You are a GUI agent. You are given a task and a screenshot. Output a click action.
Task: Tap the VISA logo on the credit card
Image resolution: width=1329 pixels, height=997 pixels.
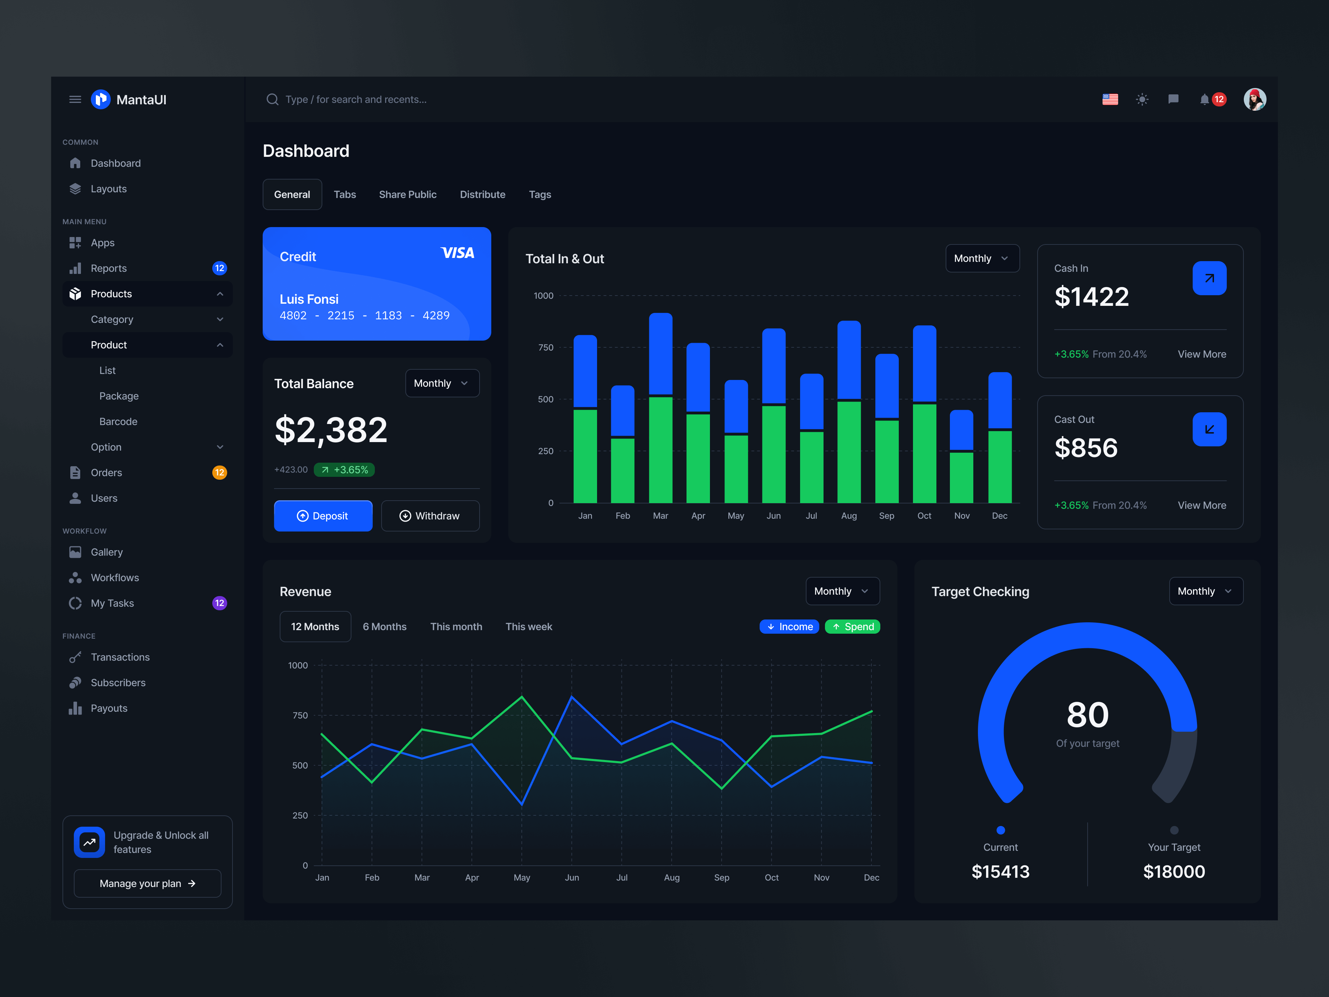[x=457, y=253]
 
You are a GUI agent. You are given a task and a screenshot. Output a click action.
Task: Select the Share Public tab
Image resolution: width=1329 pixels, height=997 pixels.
[x=408, y=194]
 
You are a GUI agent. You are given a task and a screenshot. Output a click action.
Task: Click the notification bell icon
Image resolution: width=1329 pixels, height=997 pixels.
[x=1204, y=100]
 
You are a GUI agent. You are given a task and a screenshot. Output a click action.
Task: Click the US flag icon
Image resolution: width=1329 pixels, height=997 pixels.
[x=1110, y=100]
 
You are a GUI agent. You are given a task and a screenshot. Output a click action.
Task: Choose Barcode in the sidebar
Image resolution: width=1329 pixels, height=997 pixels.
[x=118, y=422]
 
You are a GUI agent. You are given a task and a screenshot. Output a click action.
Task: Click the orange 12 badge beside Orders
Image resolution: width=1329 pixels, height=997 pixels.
[x=219, y=473]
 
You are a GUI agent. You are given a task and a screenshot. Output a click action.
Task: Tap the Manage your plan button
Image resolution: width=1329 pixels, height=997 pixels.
[x=147, y=883]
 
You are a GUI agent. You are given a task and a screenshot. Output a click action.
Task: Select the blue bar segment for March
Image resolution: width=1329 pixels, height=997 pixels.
[x=660, y=354]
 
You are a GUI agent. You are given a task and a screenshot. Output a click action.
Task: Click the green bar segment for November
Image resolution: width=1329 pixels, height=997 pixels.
[x=961, y=478]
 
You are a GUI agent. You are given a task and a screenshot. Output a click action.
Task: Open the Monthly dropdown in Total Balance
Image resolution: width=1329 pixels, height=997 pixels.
[x=442, y=383]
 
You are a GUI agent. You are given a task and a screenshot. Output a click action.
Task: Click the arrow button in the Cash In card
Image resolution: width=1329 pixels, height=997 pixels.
[x=1209, y=278]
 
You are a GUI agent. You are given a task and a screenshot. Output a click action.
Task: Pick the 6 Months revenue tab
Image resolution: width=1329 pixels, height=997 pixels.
[x=384, y=627]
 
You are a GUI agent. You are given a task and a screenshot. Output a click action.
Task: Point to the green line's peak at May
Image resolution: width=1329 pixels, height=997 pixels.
[x=521, y=697]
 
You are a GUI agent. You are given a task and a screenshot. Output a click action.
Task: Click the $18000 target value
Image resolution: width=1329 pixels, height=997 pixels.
[x=1174, y=871]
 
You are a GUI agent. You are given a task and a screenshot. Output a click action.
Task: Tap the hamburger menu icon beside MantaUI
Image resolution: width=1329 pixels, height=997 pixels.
[x=75, y=100]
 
